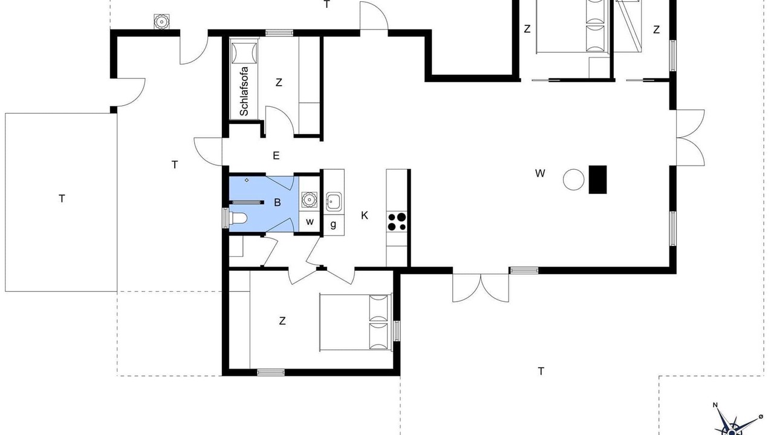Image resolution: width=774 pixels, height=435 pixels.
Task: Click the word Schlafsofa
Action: tap(244, 91)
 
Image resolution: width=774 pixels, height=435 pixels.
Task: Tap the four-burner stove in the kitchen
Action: tap(397, 222)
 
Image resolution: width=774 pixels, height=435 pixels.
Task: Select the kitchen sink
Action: tap(333, 201)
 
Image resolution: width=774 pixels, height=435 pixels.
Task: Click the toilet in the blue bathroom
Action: tap(238, 218)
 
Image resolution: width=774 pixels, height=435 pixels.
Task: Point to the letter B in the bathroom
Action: tap(277, 202)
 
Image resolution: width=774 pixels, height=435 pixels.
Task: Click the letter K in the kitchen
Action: tap(364, 216)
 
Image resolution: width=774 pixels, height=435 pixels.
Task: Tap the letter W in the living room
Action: tap(540, 173)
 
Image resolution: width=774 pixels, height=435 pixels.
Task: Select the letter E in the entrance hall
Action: tap(276, 156)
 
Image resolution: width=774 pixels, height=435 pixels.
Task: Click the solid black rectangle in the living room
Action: tap(598, 179)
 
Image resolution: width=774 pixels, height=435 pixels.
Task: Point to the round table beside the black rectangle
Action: tap(574, 179)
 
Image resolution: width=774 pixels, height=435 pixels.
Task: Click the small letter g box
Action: tap(333, 225)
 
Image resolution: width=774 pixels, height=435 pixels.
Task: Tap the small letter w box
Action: tap(310, 222)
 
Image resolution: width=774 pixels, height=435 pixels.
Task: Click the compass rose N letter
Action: tap(715, 414)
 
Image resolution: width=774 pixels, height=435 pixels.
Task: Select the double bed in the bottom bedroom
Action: tap(356, 323)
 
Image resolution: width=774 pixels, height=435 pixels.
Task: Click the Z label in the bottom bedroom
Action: tap(282, 321)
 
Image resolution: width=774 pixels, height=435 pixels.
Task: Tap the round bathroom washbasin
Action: tap(308, 199)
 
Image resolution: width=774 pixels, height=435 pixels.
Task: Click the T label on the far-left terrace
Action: tap(62, 199)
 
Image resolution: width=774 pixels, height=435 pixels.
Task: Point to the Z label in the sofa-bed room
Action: tap(279, 83)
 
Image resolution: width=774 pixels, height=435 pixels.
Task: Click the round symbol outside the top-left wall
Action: tap(161, 22)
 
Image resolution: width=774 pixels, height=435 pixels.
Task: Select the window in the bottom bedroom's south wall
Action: tap(271, 373)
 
